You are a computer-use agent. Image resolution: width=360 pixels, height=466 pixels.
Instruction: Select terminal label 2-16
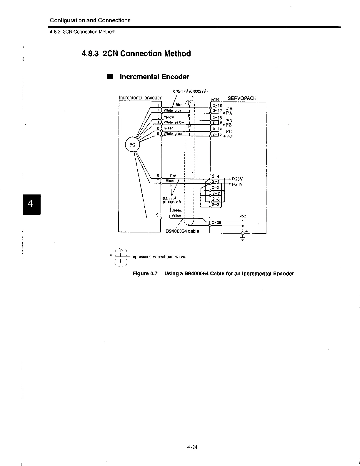point(217,106)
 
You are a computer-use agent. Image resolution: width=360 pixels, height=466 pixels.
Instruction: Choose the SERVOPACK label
point(242,98)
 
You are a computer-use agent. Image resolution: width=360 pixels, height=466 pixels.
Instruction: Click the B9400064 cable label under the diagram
point(182,231)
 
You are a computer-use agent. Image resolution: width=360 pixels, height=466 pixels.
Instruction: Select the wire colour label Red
point(173,176)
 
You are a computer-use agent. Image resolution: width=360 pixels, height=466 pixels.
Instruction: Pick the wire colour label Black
point(170,181)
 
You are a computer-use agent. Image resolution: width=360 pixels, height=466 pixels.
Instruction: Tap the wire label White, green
point(173,134)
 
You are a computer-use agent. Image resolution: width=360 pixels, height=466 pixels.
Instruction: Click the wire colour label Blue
point(179,105)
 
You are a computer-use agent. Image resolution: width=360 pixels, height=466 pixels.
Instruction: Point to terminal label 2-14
point(217,129)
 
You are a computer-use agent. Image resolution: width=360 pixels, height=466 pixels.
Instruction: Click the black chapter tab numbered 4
point(31,204)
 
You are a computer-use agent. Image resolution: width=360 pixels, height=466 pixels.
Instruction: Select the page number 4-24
point(192,447)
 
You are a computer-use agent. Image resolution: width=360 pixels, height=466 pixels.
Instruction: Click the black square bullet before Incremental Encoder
point(110,77)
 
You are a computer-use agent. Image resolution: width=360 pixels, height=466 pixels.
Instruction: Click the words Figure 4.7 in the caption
point(145,274)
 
